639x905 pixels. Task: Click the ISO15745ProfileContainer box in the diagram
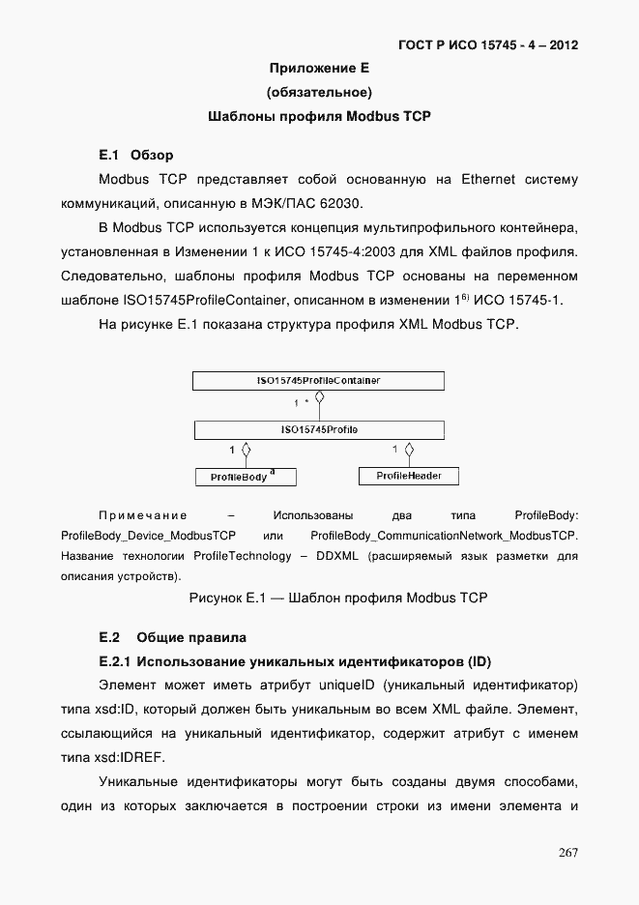coord(318,381)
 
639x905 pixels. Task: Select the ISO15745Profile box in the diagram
coord(318,428)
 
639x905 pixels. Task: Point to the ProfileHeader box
coord(409,476)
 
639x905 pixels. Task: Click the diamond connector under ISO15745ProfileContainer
coord(319,397)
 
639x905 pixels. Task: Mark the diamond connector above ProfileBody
coord(247,450)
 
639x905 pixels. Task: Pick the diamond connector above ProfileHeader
coord(409,450)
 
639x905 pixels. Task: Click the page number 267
coord(567,852)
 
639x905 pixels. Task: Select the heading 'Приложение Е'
coord(319,69)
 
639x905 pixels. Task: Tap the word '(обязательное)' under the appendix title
coord(319,93)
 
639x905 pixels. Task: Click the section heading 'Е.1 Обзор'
coord(136,155)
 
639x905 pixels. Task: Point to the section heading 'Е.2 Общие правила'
coord(173,637)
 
